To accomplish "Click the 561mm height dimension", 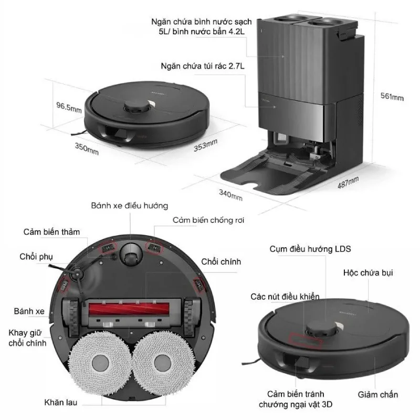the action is pyautogui.click(x=392, y=97).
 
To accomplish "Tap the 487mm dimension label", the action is pyautogui.click(x=348, y=182).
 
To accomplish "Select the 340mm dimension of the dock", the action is pyautogui.click(x=230, y=195).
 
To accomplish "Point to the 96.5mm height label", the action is pyautogui.click(x=69, y=107).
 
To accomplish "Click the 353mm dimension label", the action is pyautogui.click(x=205, y=145).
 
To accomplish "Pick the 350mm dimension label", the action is pyautogui.click(x=87, y=149).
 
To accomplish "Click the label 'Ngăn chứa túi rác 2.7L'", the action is pyautogui.click(x=203, y=66).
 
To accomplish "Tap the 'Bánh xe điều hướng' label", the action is pyautogui.click(x=130, y=206).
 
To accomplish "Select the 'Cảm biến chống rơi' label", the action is pyautogui.click(x=208, y=220).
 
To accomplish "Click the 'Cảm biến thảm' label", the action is pyautogui.click(x=51, y=232).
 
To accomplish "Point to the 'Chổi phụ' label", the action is pyautogui.click(x=36, y=257).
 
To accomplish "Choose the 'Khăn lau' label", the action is pyautogui.click(x=61, y=402).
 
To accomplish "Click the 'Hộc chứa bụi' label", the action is pyautogui.click(x=368, y=272).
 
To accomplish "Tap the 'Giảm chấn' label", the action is pyautogui.click(x=377, y=395).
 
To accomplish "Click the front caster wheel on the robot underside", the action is pyautogui.click(x=130, y=255).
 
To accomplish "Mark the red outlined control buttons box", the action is pyautogui.click(x=304, y=341).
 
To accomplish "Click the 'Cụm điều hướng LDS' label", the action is pyautogui.click(x=310, y=249).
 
